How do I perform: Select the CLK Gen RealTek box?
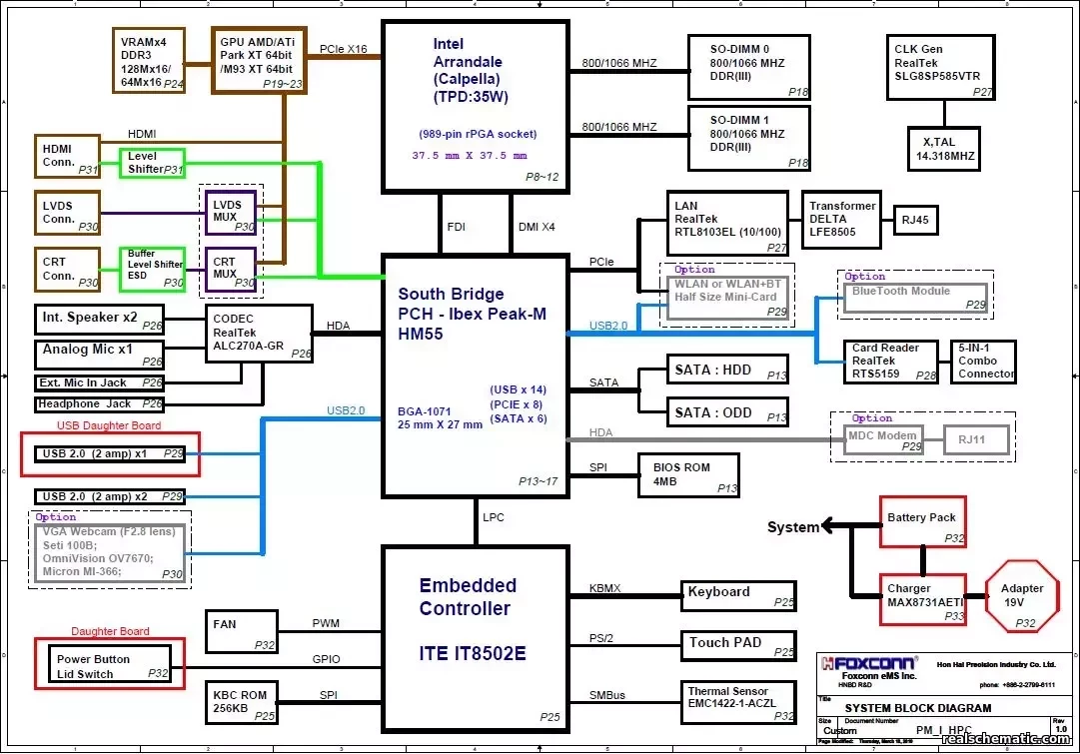point(939,67)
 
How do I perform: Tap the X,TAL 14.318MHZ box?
point(943,149)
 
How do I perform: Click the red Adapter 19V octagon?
point(1022,597)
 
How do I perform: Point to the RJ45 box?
point(914,219)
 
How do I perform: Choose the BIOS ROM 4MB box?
point(688,474)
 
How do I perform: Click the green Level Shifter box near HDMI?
point(152,163)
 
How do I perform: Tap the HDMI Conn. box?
point(68,156)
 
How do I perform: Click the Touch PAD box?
point(738,644)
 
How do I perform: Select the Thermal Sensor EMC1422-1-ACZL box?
point(738,702)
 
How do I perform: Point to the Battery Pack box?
point(922,521)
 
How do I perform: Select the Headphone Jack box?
point(100,404)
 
